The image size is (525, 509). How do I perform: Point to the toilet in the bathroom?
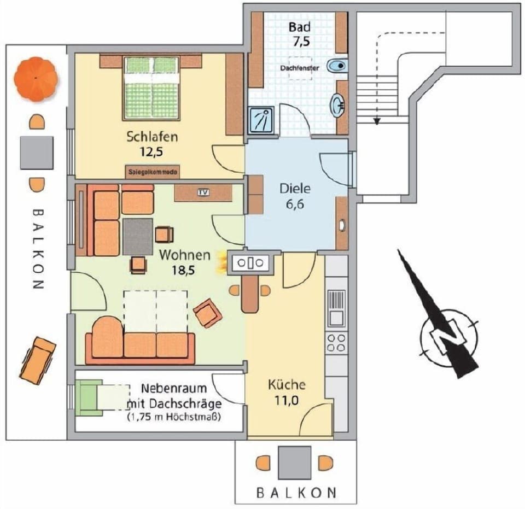pos(337,66)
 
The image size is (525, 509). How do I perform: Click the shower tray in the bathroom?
pos(260,120)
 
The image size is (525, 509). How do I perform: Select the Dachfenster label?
pos(299,68)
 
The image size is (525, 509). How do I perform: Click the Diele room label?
pos(295,189)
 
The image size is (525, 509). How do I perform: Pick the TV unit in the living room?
pos(203,192)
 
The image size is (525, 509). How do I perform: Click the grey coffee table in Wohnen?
pos(138,236)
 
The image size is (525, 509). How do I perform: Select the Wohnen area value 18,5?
pos(184,269)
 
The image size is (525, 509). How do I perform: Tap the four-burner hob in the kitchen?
pos(335,343)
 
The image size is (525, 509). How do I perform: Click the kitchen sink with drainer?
pos(336,307)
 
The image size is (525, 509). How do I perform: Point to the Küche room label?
pos(287,384)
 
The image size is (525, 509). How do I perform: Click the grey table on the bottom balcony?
pos(294,462)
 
